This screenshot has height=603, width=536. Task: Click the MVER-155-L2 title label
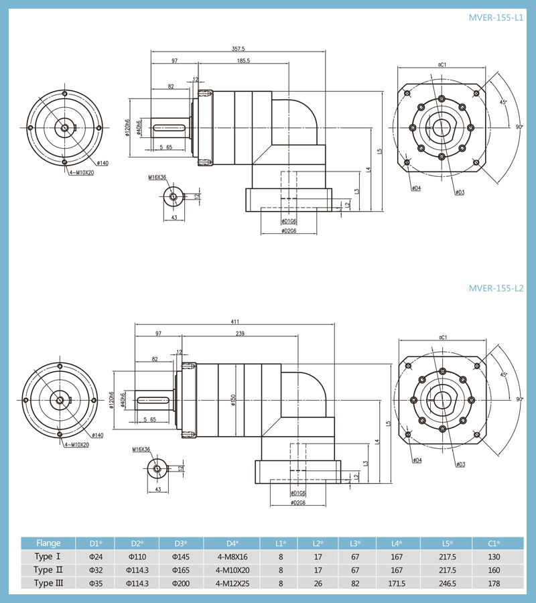pyautogui.click(x=496, y=289)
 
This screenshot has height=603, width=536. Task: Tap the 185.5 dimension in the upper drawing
pyautogui.click(x=243, y=61)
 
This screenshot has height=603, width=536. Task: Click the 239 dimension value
pyautogui.click(x=239, y=334)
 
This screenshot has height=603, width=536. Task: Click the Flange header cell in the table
pyautogui.click(x=48, y=543)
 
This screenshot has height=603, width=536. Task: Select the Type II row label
pyautogui.click(x=48, y=570)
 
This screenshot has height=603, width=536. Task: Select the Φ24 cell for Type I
pyautogui.click(x=96, y=557)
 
